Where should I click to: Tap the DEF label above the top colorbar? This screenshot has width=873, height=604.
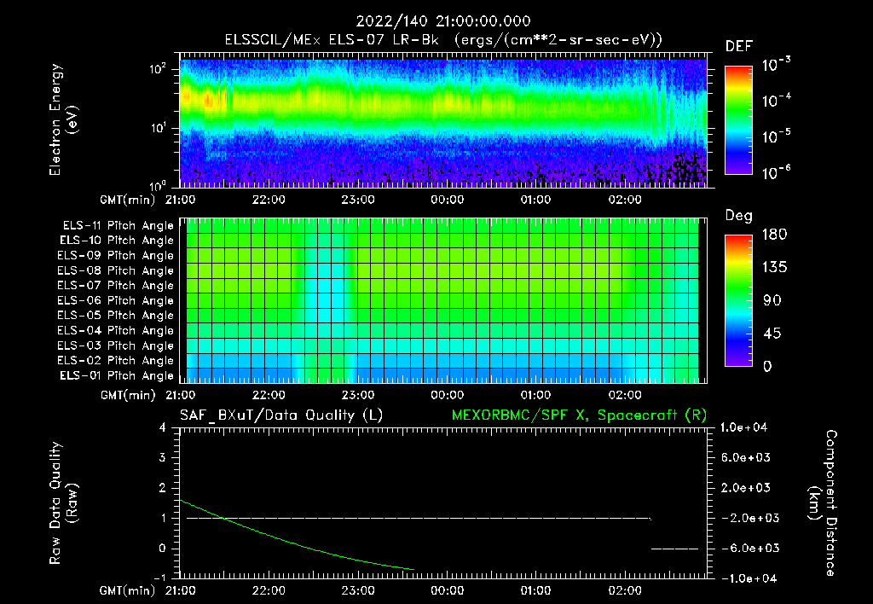coord(738,46)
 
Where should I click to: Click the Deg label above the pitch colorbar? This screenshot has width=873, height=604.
coord(738,216)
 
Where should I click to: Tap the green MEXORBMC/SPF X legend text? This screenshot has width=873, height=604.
coord(579,415)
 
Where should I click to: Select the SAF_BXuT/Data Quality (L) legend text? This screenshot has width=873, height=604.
coord(280,415)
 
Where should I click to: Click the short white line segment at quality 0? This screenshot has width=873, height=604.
coord(675,549)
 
